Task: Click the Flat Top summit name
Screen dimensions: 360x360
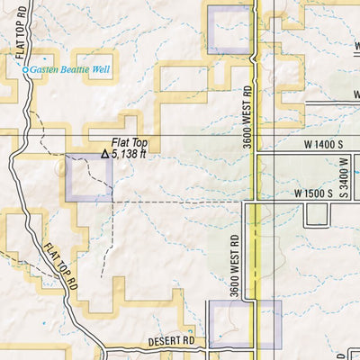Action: tap(128, 142)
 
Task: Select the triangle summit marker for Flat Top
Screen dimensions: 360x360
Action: tap(104, 154)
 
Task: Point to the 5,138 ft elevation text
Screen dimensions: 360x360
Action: tap(129, 154)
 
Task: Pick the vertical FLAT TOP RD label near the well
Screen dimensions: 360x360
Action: tap(21, 38)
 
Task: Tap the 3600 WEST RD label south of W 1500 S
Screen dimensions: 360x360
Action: tap(234, 261)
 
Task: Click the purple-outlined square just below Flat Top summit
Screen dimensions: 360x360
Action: tap(89, 177)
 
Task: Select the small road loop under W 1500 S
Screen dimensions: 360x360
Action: tap(318, 215)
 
